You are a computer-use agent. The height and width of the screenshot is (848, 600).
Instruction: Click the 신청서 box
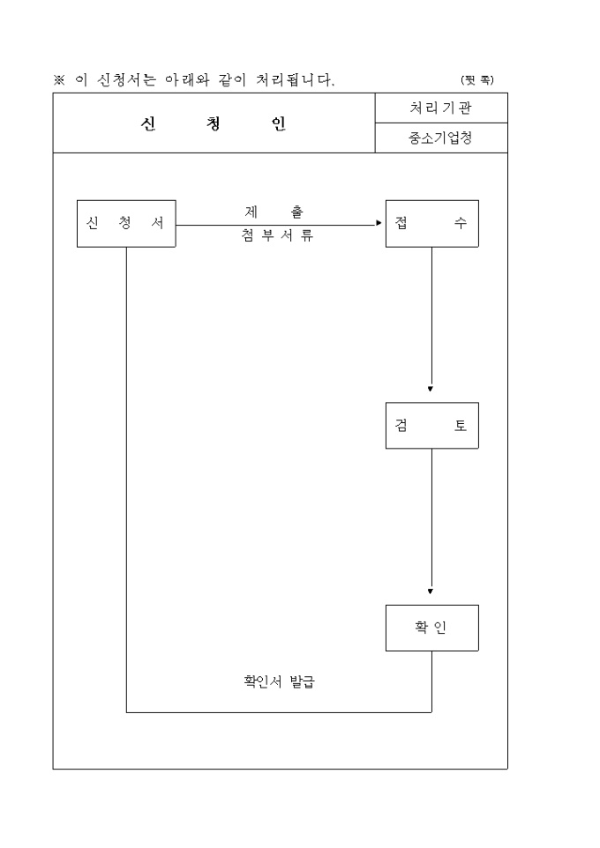point(125,223)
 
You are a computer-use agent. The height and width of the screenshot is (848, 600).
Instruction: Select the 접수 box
point(431,223)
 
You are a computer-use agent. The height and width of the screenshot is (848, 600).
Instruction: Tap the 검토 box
point(431,426)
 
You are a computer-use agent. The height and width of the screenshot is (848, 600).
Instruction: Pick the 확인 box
point(431,628)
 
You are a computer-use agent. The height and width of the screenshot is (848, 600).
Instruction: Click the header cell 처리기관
point(440,108)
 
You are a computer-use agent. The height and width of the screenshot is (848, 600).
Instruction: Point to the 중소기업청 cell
point(440,138)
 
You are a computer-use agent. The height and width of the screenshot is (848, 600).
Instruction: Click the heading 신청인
point(213,123)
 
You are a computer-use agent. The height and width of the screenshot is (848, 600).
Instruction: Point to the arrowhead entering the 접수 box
point(379,225)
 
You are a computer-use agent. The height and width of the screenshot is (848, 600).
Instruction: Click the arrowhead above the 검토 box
point(431,389)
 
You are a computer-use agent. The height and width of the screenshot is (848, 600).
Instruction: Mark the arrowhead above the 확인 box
point(431,591)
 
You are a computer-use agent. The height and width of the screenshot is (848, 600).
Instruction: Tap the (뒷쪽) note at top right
point(477,80)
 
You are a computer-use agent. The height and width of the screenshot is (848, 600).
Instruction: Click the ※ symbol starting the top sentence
point(59,80)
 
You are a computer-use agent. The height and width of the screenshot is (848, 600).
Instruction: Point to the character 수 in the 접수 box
point(460,223)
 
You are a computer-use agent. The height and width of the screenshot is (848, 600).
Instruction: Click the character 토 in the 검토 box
point(460,426)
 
